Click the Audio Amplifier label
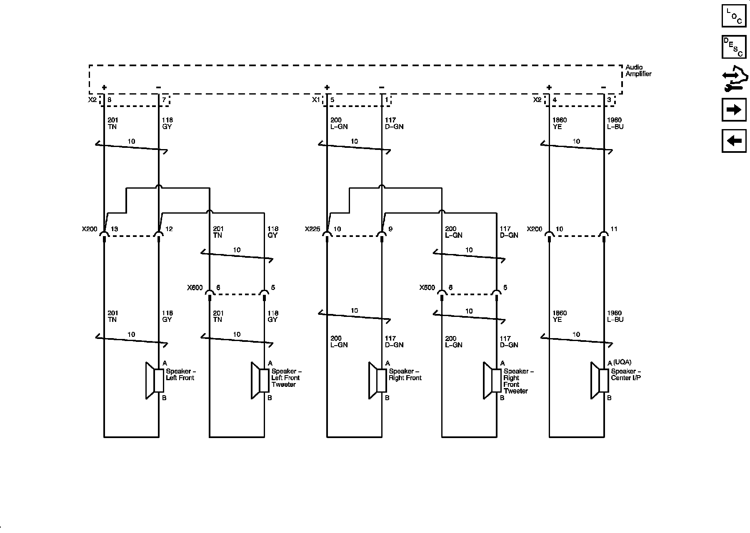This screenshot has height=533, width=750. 638,70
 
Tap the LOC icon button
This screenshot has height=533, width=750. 734,16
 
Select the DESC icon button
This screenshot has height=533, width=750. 734,47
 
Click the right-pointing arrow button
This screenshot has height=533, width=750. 734,110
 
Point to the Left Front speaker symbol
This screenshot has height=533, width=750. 155,381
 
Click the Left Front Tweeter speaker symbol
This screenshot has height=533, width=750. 260,381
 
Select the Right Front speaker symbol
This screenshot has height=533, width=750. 377,381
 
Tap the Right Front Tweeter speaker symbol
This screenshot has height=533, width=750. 492,381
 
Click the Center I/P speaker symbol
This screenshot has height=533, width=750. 600,381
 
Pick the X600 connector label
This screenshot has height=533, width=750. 195,288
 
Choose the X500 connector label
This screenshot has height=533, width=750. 427,288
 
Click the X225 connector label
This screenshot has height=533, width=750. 312,229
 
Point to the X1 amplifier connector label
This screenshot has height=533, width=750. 316,100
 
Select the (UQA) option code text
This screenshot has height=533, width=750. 622,362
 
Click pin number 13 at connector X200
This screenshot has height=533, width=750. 114,229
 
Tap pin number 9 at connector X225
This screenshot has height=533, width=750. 390,229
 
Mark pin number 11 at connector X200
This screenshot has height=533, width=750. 614,229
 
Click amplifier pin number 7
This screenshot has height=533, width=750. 164,100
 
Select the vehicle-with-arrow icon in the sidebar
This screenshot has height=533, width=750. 734,79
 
